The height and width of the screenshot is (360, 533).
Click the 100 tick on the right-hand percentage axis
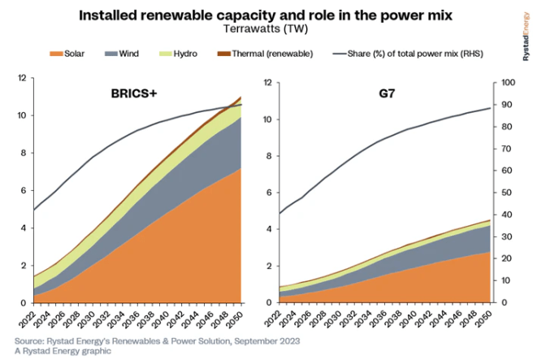(505, 83)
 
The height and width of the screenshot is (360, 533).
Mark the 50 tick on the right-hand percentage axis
(503, 193)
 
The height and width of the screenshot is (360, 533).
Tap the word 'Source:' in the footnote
(30, 340)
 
